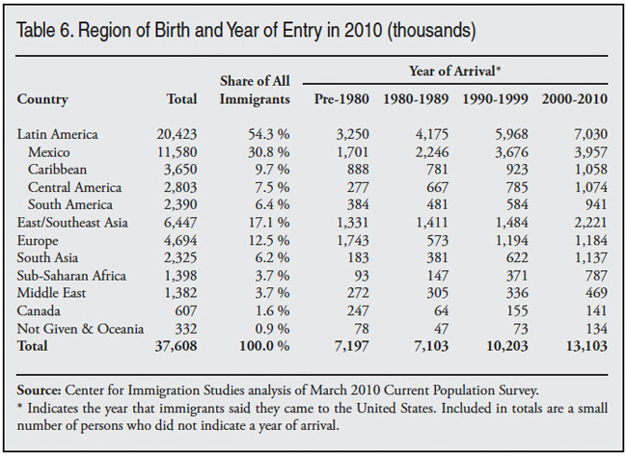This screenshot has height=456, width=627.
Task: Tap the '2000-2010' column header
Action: click(575, 99)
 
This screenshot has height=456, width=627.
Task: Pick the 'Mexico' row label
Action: click(49, 152)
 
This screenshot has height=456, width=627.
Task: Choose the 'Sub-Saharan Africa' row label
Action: click(72, 276)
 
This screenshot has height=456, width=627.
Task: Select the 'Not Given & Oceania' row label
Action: click(81, 328)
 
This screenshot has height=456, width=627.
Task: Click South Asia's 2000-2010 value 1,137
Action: click(586, 257)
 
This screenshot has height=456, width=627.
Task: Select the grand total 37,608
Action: click(174, 346)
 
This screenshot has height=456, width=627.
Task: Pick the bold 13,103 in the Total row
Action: click(584, 346)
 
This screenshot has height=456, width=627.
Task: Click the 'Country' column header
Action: click(42, 99)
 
